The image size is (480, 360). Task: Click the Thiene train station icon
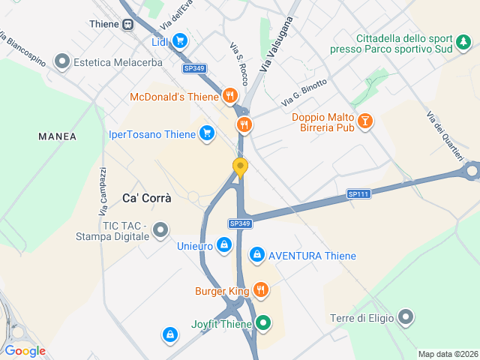click(128, 24)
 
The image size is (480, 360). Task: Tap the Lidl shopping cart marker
click(180, 42)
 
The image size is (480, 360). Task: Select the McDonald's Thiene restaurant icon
click(230, 97)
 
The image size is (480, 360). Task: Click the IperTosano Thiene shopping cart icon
click(207, 134)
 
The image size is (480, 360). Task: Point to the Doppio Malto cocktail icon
click(364, 120)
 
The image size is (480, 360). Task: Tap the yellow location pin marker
click(240, 167)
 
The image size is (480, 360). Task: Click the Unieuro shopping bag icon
click(223, 245)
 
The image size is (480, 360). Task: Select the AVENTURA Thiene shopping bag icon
click(257, 256)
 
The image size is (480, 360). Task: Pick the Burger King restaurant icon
click(261, 290)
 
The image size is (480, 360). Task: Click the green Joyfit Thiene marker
click(263, 323)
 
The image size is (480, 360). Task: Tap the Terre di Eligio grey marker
click(406, 318)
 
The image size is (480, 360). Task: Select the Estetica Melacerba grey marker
click(62, 62)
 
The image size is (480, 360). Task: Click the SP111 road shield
click(358, 193)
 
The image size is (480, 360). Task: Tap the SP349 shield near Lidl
click(193, 68)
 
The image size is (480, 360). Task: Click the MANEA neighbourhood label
click(58, 136)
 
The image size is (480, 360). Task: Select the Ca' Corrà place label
click(147, 199)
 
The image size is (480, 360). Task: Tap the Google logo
click(25, 351)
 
